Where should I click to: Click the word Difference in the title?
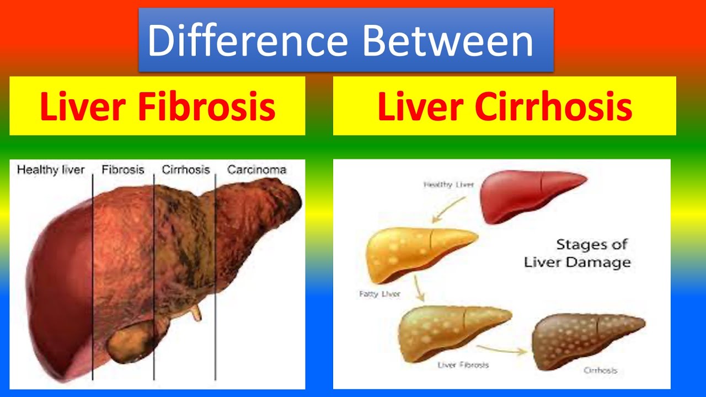(247, 41)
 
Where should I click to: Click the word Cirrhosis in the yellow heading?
(553, 106)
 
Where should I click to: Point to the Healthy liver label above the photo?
(51, 170)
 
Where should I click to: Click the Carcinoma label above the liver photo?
(256, 170)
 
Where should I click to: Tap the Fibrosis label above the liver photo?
(122, 170)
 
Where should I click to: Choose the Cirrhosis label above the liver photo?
(186, 170)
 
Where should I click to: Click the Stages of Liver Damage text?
(576, 253)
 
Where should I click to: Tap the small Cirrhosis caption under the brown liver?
(600, 371)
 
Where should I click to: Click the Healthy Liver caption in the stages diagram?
(448, 185)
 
